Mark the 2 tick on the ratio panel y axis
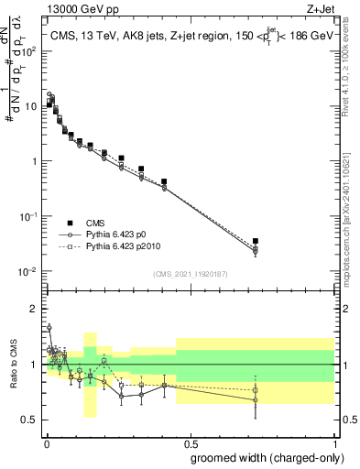pyautogui.click(x=35, y=309)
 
